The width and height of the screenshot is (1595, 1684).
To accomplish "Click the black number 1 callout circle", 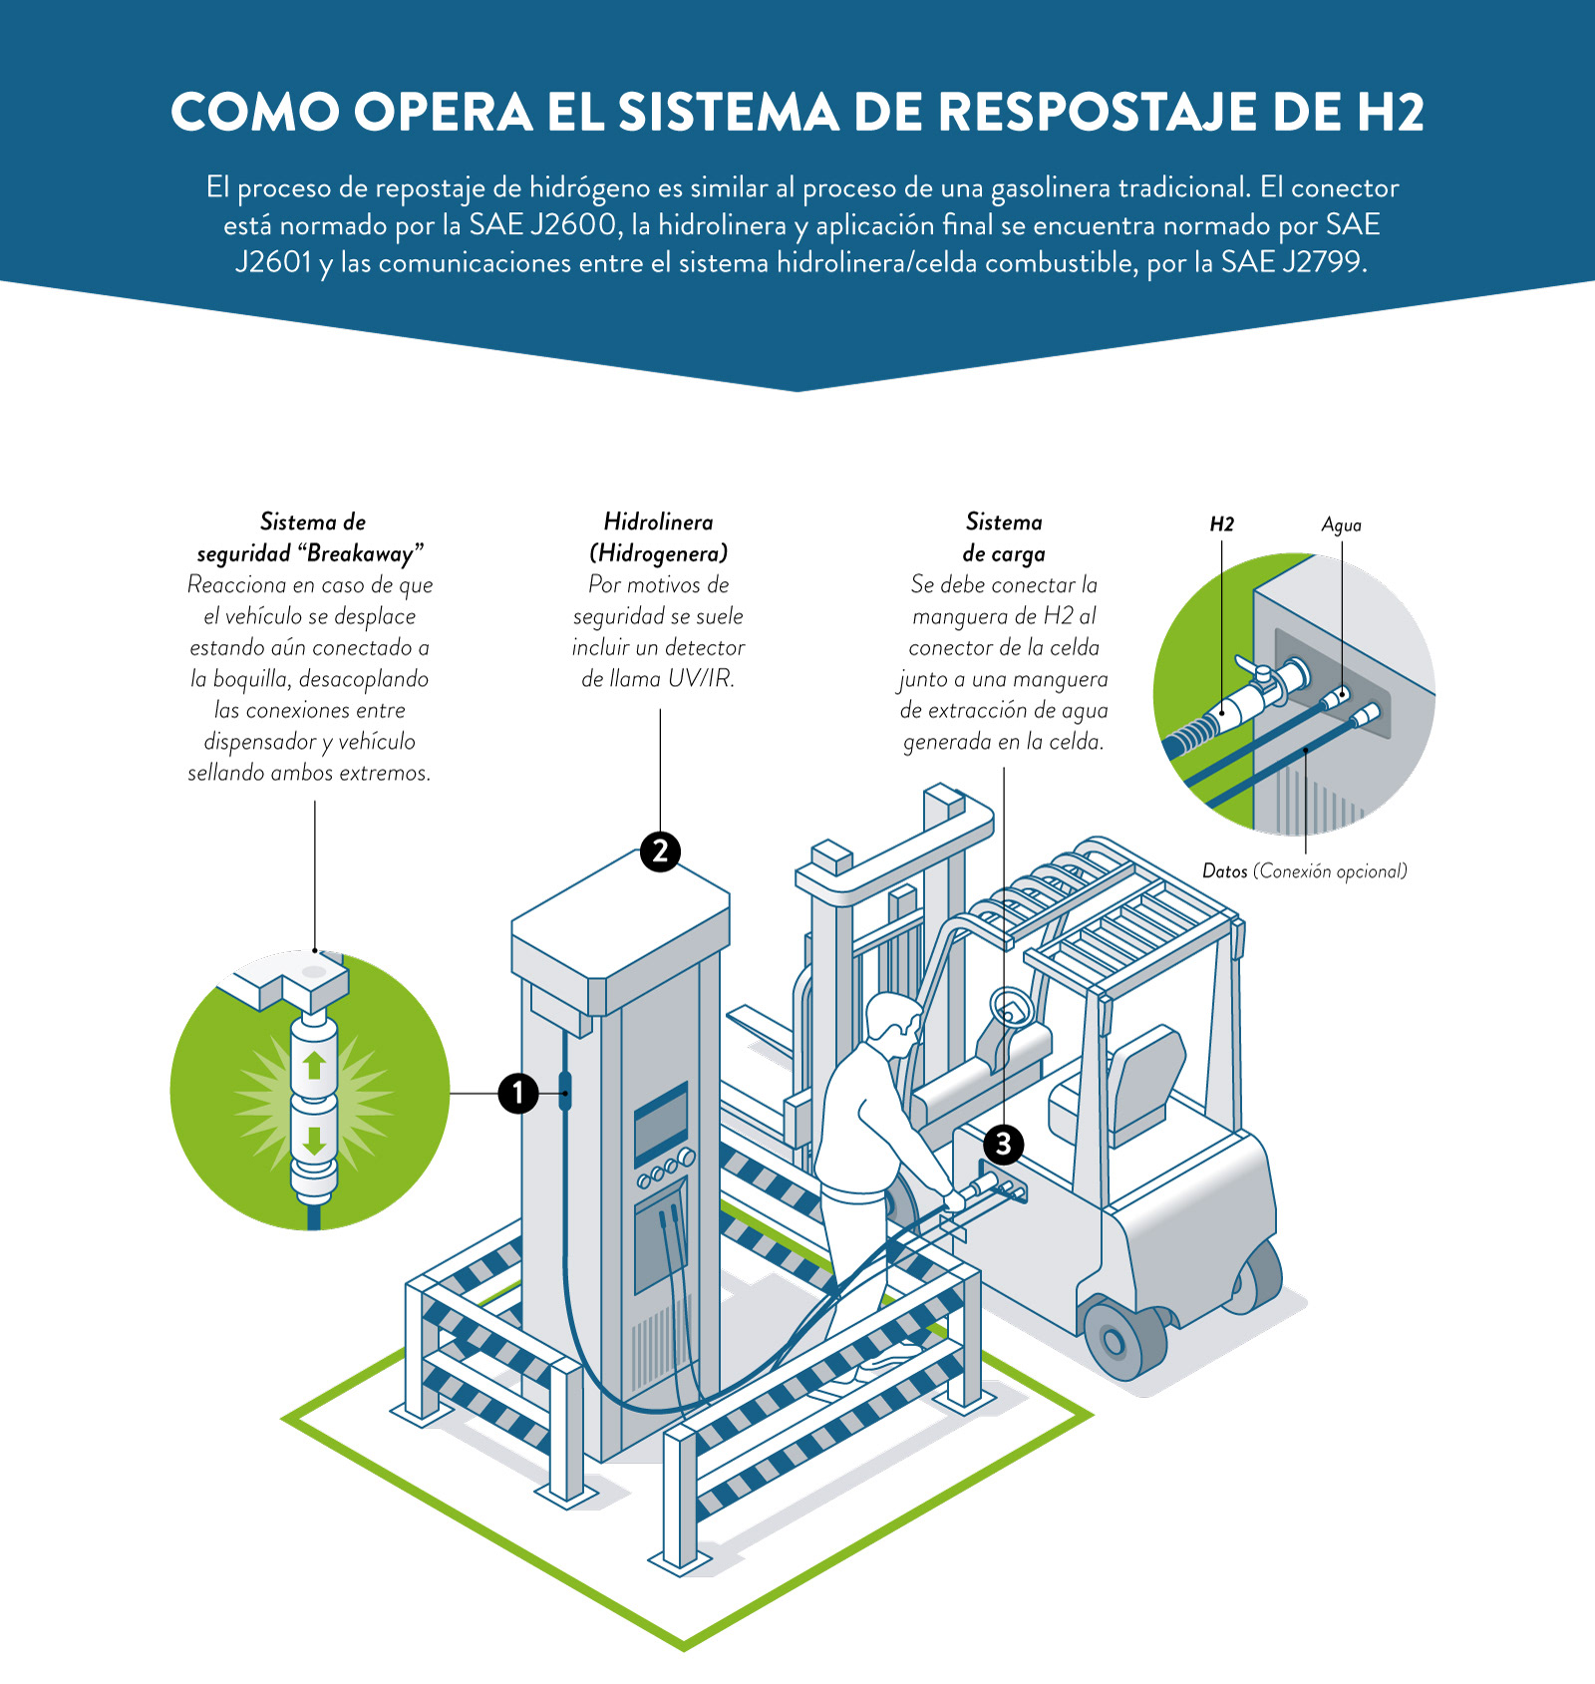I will pos(518,1093).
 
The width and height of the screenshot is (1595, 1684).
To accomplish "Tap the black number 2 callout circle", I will pos(660,851).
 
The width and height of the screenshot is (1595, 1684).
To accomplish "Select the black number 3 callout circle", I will pos(1003,1144).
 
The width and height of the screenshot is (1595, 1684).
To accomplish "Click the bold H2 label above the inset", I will pos(1221,524).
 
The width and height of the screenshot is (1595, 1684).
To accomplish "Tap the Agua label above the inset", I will pos(1341,525).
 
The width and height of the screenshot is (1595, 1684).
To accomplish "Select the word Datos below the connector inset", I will pos(1224,871).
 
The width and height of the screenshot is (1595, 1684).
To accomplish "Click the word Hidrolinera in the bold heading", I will pos(658,521).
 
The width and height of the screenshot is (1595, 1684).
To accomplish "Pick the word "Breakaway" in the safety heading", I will pos(360,553).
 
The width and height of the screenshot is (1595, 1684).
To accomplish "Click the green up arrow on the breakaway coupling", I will pos(314,1065).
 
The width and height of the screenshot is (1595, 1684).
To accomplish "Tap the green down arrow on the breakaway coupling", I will pos(314,1140).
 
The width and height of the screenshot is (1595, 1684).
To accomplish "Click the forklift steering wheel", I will pos(1011,1007).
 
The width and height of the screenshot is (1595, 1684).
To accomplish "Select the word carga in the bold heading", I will pos(1017,553).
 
